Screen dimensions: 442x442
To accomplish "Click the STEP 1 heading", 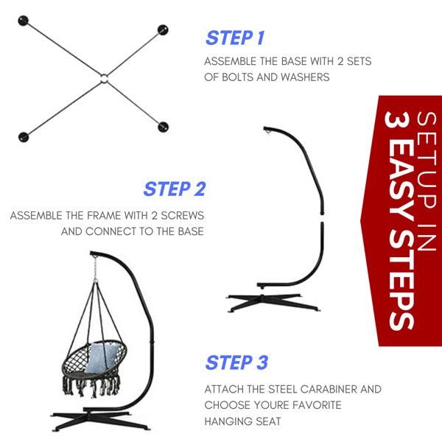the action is [236, 38].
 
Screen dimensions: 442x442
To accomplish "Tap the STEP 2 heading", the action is [175, 189].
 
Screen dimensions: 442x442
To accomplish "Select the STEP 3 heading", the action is [236, 362].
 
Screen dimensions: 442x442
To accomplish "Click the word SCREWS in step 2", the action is [183, 216].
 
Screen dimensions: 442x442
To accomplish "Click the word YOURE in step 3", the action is [271, 405].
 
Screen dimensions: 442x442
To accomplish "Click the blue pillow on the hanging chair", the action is [100, 357].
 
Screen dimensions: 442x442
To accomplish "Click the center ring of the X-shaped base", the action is [104, 78].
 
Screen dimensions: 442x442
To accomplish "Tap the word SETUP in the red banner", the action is [427, 161].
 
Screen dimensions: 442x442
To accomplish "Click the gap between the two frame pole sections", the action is [322, 218].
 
